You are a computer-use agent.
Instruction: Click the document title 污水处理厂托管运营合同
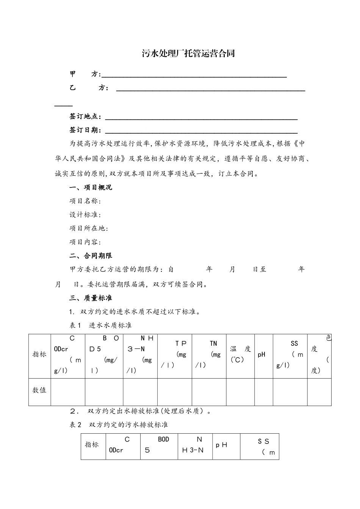pyautogui.click(x=188, y=53)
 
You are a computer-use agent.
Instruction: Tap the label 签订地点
pyautogui.click(x=85, y=116)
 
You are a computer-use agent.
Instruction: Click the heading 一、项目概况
pyautogui.click(x=91, y=187)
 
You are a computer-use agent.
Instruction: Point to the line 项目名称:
pyautogui.click(x=85, y=201)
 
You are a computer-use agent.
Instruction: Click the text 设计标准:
pyautogui.click(x=85, y=215)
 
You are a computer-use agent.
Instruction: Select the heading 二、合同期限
pyautogui.click(x=91, y=256)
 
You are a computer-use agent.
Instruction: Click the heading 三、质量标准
pyautogui.click(x=91, y=298)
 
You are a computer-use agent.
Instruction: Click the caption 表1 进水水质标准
pyautogui.click(x=100, y=325)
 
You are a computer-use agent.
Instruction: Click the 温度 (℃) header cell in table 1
pyautogui.click(x=240, y=355)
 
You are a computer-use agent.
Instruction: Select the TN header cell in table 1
pyautogui.click(x=209, y=355)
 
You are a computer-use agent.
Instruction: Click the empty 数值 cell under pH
pyautogui.click(x=263, y=392)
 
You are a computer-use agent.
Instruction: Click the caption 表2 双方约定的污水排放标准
pyautogui.click(x=119, y=425)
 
